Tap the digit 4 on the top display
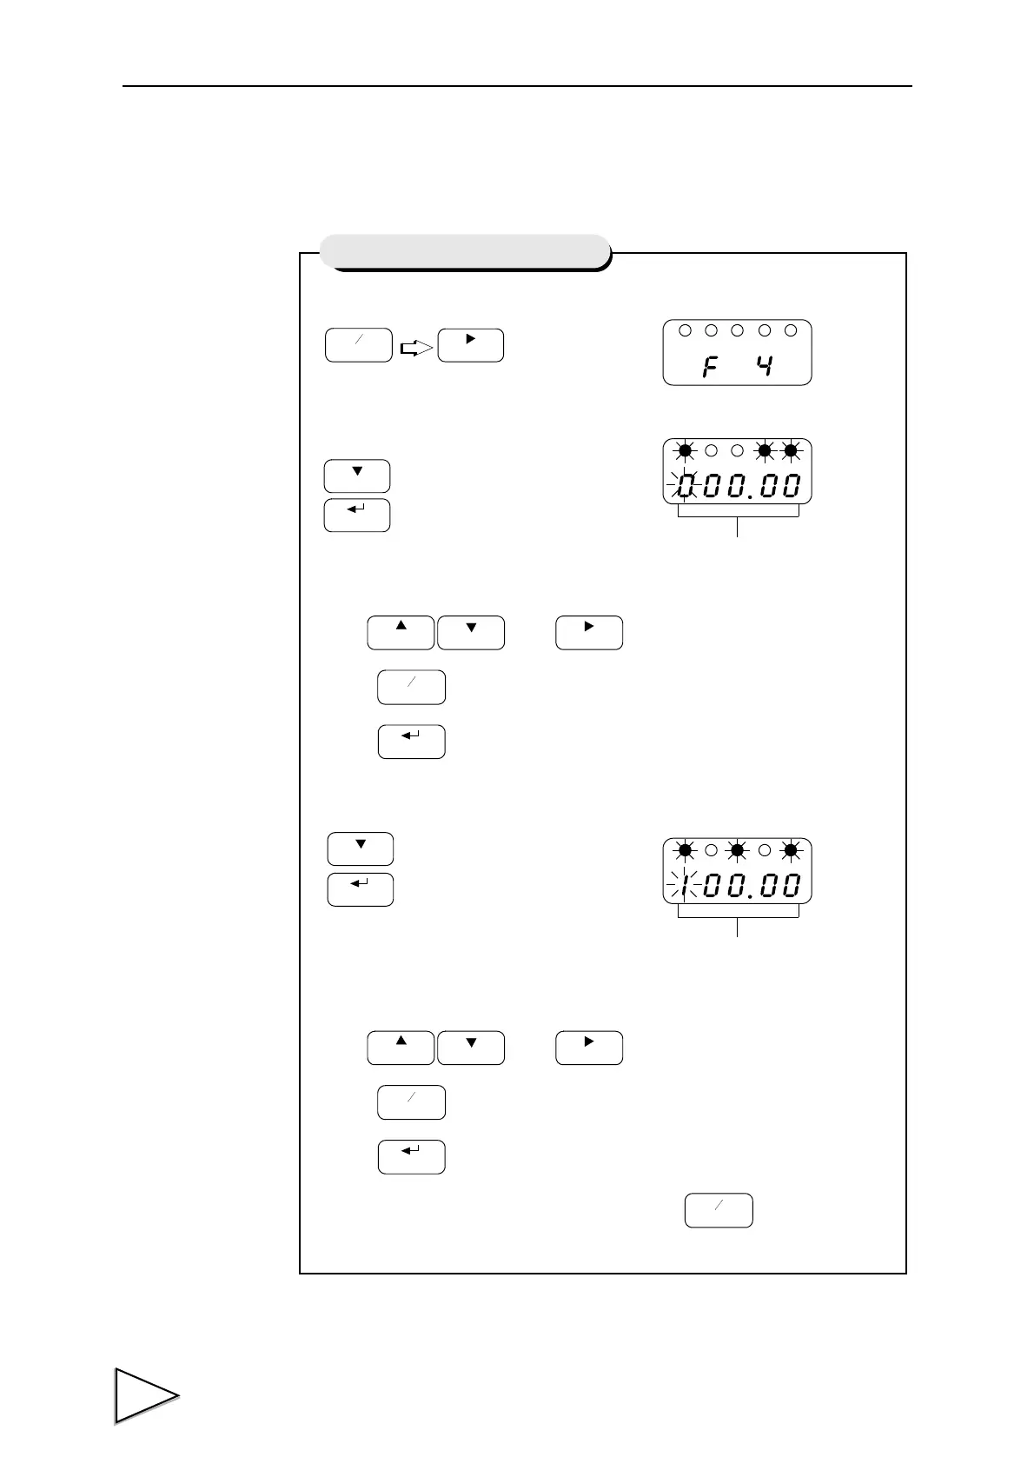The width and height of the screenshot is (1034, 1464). [x=764, y=365]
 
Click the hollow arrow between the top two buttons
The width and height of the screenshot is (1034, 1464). [x=415, y=348]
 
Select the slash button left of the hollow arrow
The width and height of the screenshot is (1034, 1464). [x=358, y=345]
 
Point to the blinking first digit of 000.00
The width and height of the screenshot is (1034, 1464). [x=686, y=485]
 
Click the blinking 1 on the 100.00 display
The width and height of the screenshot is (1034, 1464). [x=686, y=886]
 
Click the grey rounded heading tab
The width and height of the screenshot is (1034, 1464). [x=464, y=250]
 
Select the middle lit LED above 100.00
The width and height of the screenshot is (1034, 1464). [x=738, y=849]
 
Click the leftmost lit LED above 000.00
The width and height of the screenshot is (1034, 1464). [x=686, y=450]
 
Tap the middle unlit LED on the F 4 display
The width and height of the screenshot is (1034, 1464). [x=738, y=330]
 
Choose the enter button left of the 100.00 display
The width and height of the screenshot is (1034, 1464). [x=360, y=889]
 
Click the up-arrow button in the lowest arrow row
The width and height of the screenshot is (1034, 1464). [x=401, y=1047]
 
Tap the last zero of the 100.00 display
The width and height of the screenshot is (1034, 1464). [x=790, y=886]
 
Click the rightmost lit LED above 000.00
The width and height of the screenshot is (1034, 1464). [x=791, y=450]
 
